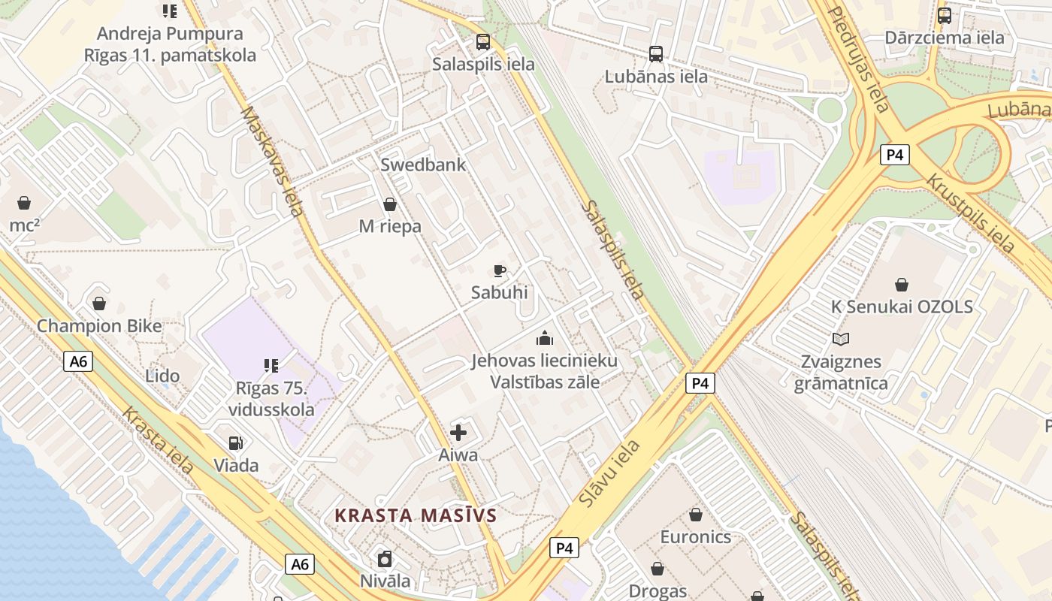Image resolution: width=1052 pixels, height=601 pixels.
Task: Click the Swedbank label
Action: [423, 165]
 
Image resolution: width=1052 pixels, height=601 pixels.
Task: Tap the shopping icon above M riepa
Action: [390, 204]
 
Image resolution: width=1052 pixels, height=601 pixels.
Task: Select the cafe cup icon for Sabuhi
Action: [499, 270]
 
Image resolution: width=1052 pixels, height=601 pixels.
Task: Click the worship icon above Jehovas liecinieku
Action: [544, 338]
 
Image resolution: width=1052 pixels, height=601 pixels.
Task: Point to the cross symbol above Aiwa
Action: [458, 432]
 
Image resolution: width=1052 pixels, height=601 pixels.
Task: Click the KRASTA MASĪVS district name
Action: [416, 515]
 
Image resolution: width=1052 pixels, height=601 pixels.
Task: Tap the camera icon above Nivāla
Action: [385, 558]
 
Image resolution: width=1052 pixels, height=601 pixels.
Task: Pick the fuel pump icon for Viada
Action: [236, 443]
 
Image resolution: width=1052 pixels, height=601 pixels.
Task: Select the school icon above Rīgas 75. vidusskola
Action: [271, 366]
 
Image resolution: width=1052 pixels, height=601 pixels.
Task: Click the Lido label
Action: [162, 376]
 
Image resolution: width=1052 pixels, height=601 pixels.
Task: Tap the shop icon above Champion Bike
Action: [99, 304]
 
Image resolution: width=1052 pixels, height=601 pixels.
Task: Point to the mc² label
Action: [24, 225]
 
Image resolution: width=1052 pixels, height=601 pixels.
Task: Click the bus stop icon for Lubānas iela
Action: [656, 53]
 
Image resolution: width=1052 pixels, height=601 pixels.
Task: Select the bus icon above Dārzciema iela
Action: [944, 15]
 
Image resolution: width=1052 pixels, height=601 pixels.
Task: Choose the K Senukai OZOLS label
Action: [901, 307]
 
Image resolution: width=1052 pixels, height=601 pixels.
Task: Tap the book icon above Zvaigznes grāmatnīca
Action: [841, 339]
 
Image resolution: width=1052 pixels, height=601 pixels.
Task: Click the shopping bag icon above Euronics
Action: [696, 515]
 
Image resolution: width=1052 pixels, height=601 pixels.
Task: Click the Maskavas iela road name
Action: [272, 161]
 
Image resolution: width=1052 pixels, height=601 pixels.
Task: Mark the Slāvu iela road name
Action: [610, 473]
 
